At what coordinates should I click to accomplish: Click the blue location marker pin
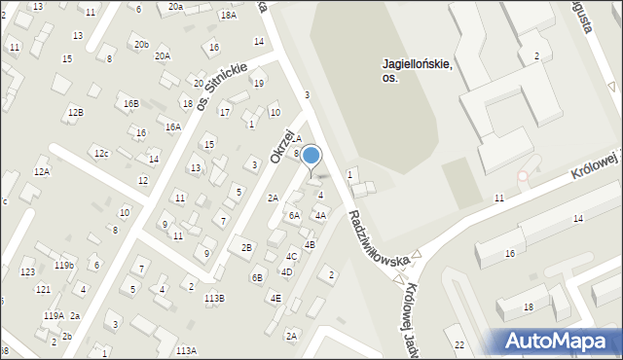pos(311,156)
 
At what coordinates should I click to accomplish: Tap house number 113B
pos(214,298)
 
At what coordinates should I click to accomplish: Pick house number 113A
pos(186,350)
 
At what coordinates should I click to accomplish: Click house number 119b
pos(64,266)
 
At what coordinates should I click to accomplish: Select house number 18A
pos(228,16)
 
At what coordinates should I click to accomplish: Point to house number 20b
pos(141,45)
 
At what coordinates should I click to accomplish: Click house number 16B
pos(130,103)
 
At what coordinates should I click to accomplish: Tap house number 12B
pos(75,113)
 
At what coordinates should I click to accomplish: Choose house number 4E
pos(275,298)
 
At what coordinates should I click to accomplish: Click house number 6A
pos(293,216)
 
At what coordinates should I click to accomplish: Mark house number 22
pos(459,345)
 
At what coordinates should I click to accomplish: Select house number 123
pos(28,271)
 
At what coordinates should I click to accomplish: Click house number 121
pos(43,290)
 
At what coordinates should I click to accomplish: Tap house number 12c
pos(101,153)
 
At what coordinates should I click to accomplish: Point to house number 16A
pos(172,126)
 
